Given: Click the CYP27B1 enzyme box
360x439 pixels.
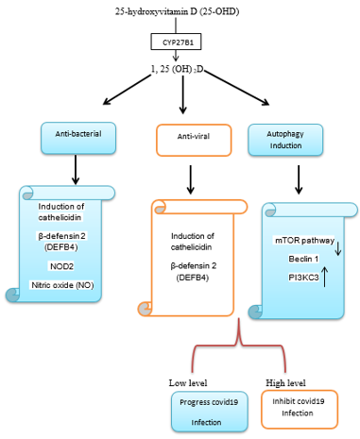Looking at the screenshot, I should click(178, 42).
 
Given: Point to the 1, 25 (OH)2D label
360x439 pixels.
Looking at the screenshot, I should click(179, 70).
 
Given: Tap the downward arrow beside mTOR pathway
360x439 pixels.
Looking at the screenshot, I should click(338, 247).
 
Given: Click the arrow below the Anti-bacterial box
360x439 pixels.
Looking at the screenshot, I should click(75, 170).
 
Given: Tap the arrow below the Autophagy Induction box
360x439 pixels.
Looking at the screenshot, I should click(300, 179).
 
